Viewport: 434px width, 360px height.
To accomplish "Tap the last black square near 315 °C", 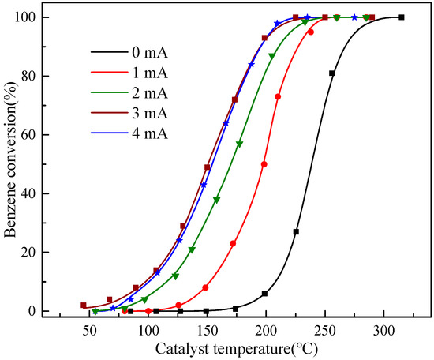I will [402, 17].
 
